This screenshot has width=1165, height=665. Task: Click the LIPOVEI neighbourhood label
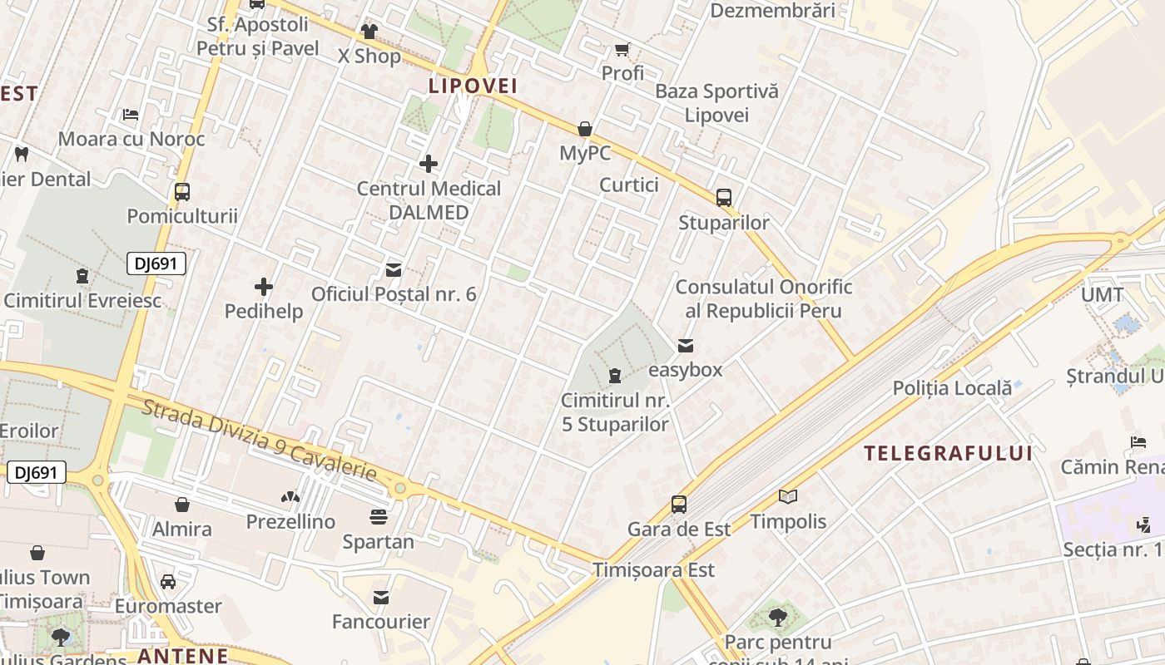[473, 86]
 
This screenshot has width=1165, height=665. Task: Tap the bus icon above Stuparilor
[724, 198]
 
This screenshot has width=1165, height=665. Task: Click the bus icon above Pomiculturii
[182, 192]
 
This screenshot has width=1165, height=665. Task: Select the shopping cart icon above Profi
[622, 50]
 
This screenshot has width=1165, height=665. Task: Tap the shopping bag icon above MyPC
[585, 129]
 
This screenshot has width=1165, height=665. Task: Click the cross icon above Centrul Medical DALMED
[429, 164]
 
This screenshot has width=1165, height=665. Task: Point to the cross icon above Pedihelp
[264, 288]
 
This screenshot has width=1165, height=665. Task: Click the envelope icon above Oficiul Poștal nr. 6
[394, 270]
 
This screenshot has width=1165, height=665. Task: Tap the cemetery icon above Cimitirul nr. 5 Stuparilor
[615, 376]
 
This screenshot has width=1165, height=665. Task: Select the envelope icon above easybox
[685, 346]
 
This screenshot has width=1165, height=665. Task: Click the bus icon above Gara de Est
[679, 505]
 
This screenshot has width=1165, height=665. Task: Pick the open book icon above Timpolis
[788, 497]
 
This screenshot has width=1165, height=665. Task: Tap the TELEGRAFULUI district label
[948, 453]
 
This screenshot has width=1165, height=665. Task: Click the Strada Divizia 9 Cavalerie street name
[259, 441]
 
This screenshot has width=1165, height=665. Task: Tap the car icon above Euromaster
[168, 582]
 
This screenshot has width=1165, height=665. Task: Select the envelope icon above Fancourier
[381, 598]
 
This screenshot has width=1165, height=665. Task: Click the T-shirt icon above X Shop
[369, 32]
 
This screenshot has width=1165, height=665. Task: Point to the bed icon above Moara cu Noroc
[131, 114]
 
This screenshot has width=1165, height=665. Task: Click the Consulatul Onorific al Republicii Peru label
[763, 299]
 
